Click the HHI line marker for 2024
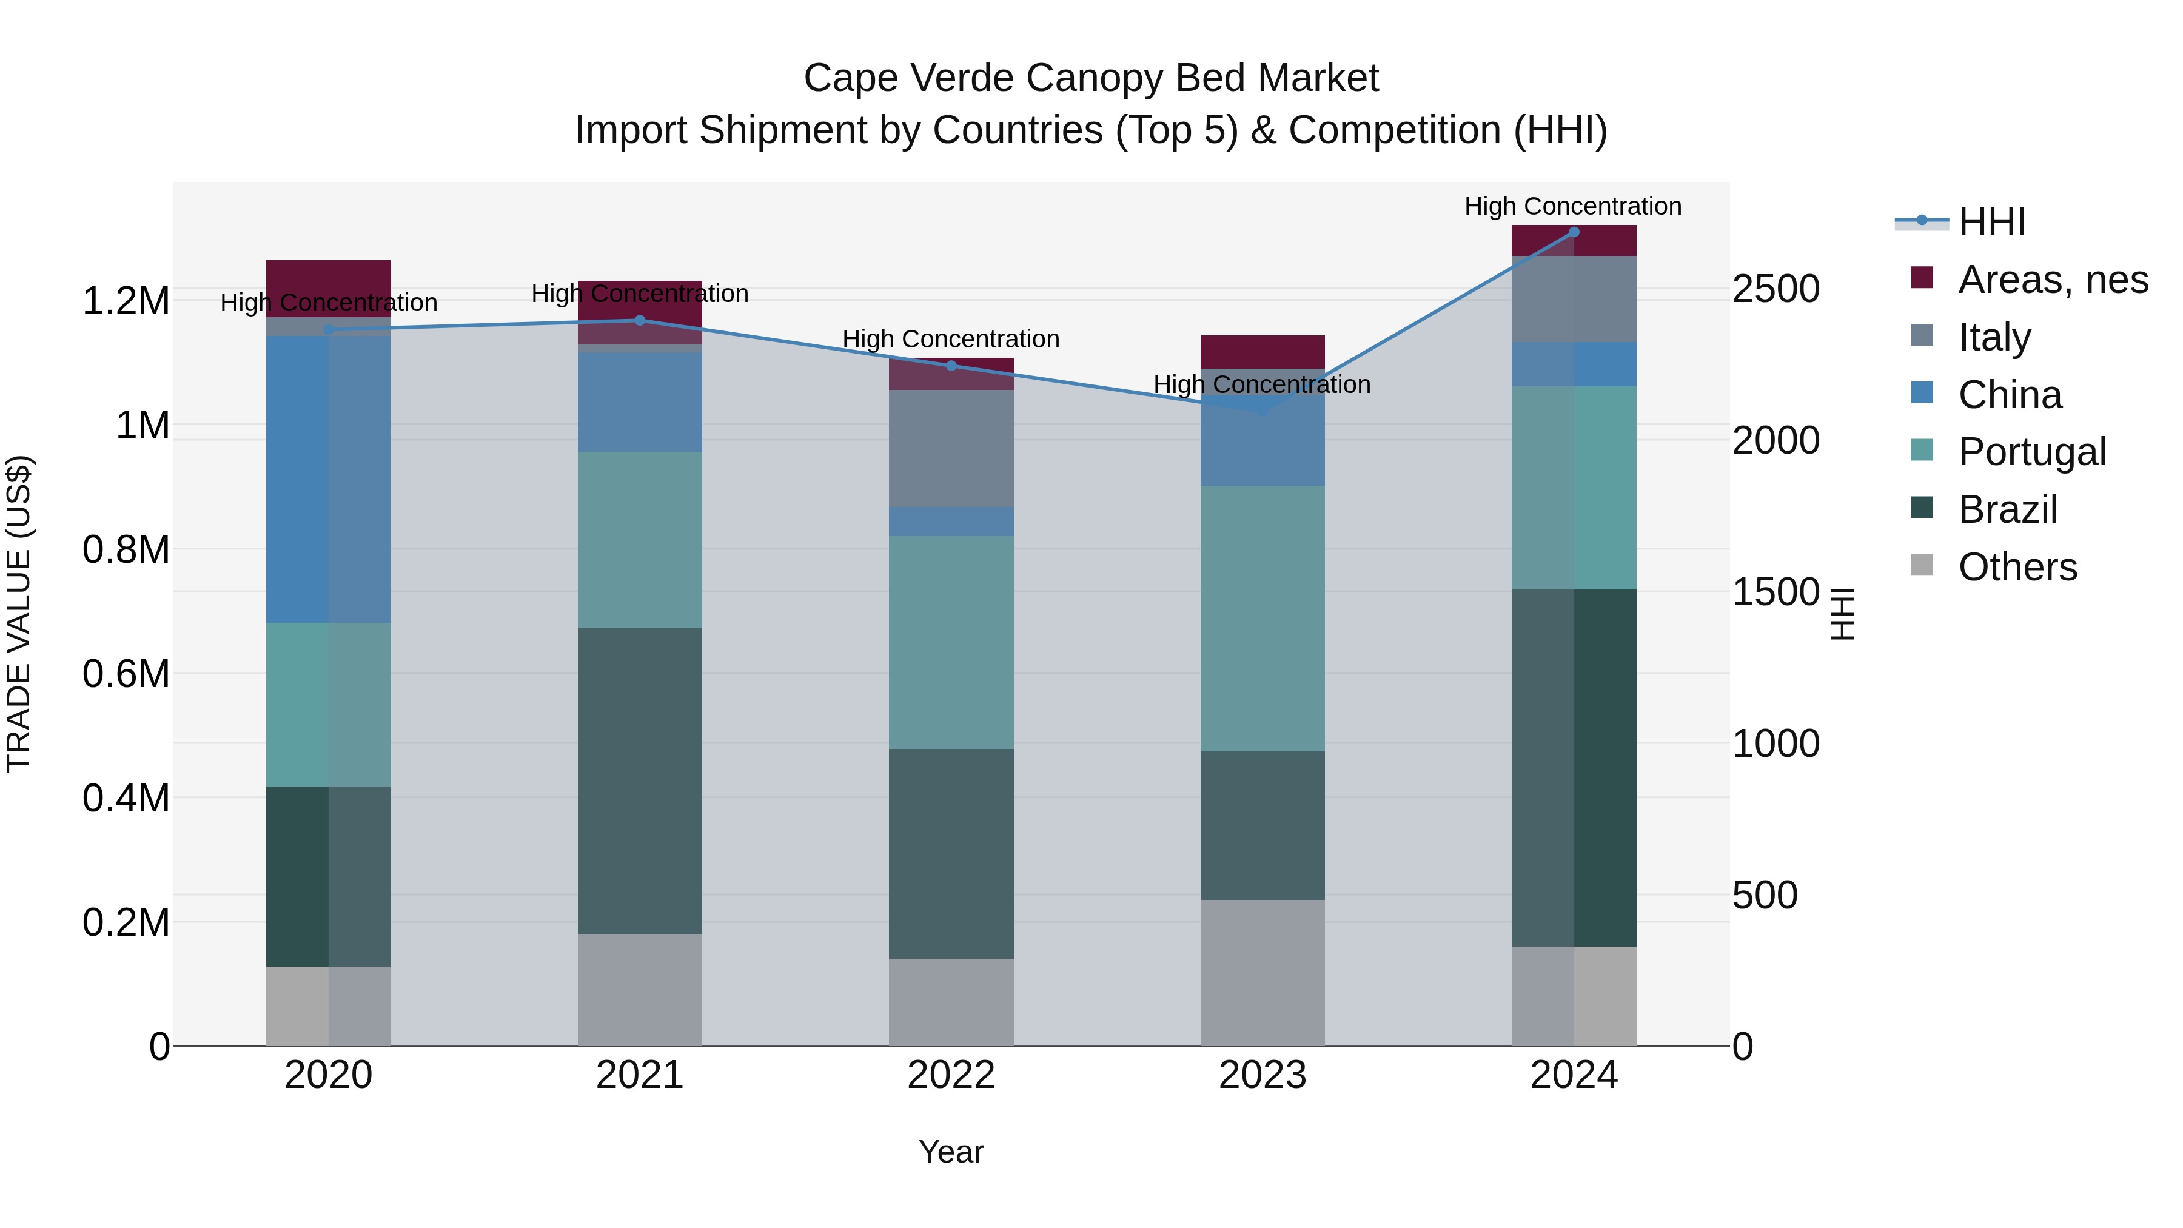pyautogui.click(x=1574, y=232)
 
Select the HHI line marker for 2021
pyautogui.click(x=640, y=320)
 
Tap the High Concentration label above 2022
pyautogui.click(x=951, y=339)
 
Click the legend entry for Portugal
pyautogui.click(x=2031, y=452)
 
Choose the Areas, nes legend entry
pyautogui.click(x=2053, y=280)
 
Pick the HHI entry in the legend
pyautogui.click(x=1991, y=222)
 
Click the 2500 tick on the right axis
pyautogui.click(x=1776, y=289)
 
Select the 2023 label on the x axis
pyautogui.click(x=1262, y=1075)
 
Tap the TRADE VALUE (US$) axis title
pyautogui.click(x=19, y=614)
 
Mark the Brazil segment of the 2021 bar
pyautogui.click(x=640, y=780)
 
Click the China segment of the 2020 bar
pyautogui.click(x=328, y=479)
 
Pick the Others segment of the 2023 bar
pyautogui.click(x=1262, y=972)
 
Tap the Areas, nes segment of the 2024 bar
pyautogui.click(x=1574, y=241)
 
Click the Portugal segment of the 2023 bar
pyautogui.click(x=1262, y=618)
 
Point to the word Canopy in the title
pyautogui.click(x=1091, y=79)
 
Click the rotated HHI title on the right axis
pyautogui.click(x=1842, y=614)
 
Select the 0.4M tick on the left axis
pyautogui.click(x=126, y=798)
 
